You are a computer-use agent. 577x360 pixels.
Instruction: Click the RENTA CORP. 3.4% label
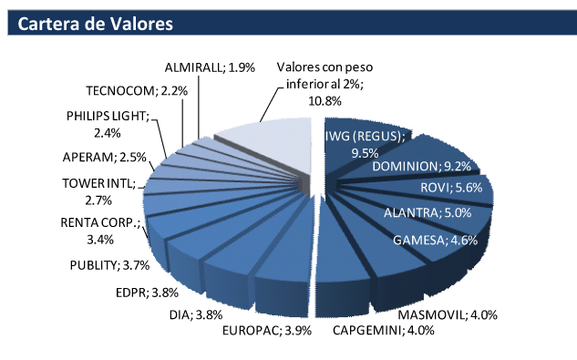click(x=100, y=231)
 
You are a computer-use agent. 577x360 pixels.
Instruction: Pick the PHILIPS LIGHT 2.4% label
click(x=108, y=124)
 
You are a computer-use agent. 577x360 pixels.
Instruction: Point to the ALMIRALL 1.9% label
click(x=206, y=68)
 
